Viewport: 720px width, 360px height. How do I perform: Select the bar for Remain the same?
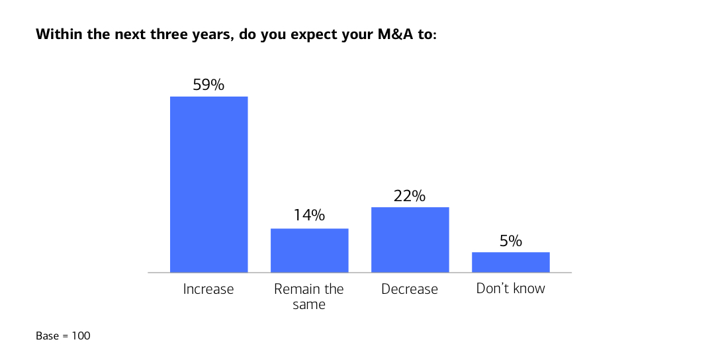[309, 250]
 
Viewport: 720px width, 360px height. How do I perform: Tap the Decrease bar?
[410, 240]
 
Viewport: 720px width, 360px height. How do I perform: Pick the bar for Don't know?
[510, 262]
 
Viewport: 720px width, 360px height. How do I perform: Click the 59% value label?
[208, 85]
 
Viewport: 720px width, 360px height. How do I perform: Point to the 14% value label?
[309, 216]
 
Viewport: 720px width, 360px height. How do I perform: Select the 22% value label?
[410, 196]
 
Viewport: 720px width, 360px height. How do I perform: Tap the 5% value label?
[510, 241]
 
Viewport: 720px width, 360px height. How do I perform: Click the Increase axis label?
[208, 289]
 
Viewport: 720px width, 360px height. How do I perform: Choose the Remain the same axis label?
[309, 296]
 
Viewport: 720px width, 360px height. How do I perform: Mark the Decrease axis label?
[410, 289]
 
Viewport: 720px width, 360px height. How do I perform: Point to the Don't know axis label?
[510, 289]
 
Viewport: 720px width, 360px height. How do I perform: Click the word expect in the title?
[314, 34]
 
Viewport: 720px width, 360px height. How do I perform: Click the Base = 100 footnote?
[63, 336]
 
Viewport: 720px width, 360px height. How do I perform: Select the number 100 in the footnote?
[81, 336]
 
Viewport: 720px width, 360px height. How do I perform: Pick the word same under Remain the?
[309, 305]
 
